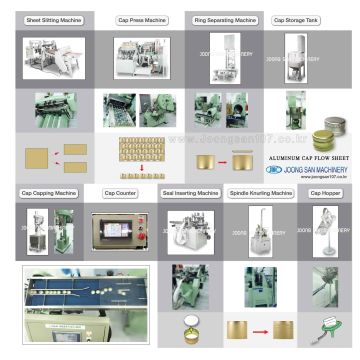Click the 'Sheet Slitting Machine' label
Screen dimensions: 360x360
coord(54,20)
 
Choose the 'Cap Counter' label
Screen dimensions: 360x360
coord(120,192)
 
